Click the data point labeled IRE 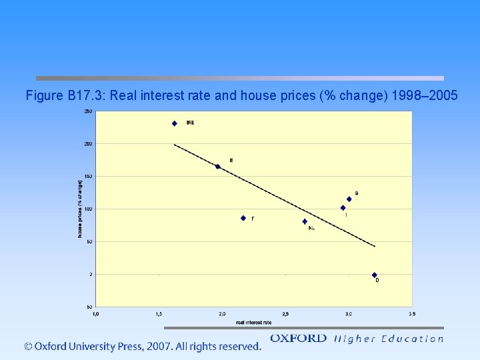[x=175, y=123]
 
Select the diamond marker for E [x=217, y=167]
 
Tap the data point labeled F [x=243, y=218]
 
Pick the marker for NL [x=305, y=221]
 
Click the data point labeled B [x=349, y=199]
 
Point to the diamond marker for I [x=343, y=208]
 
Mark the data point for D [x=374, y=275]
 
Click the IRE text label [x=191, y=123]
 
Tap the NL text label [x=311, y=229]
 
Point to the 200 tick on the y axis [x=88, y=144]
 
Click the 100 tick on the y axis [x=88, y=209]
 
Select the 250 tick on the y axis [x=88, y=111]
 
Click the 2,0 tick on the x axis [x=222, y=313]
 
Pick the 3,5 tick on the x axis [x=412, y=313]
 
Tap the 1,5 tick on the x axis [x=159, y=313]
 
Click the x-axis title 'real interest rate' [x=253, y=322]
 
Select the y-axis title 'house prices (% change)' [x=79, y=209]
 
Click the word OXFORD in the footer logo [x=298, y=339]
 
